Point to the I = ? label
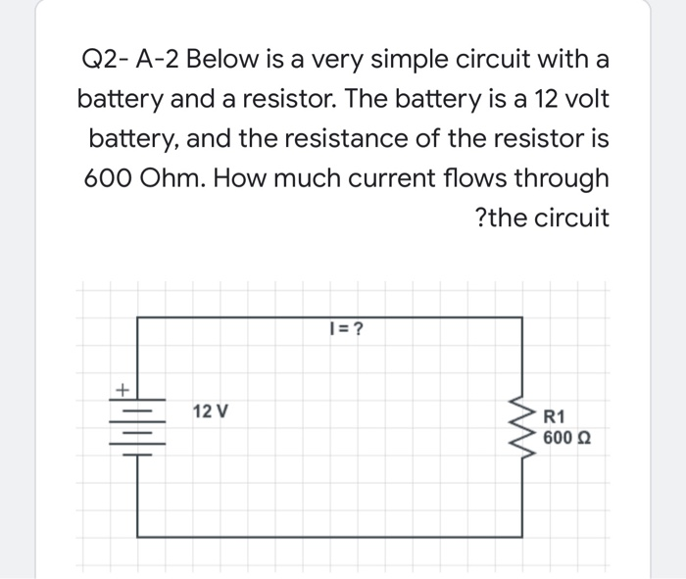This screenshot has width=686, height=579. pos(344,329)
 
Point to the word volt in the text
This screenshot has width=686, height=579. pos(585,100)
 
